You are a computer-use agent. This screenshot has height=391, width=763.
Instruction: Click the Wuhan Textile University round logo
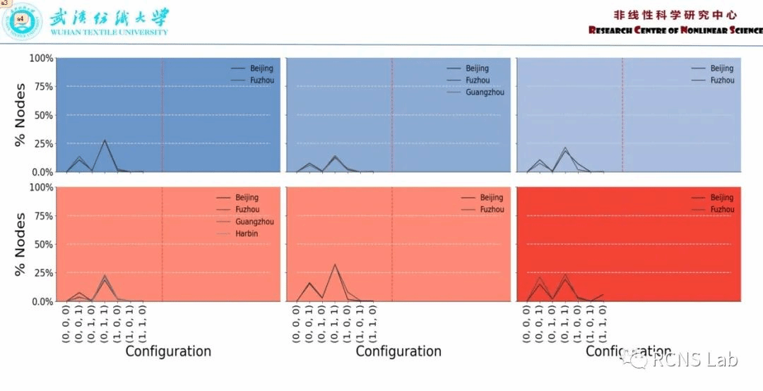[x=23, y=22]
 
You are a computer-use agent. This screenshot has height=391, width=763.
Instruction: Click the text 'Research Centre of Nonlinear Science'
[x=675, y=30]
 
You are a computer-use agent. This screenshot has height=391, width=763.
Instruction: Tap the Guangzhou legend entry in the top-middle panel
[x=485, y=92]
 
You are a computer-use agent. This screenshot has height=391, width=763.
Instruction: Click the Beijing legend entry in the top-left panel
[x=261, y=68]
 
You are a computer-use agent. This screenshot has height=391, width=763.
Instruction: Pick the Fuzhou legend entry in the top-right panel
[x=721, y=80]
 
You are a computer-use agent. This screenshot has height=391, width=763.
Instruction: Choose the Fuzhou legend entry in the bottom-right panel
[x=721, y=210]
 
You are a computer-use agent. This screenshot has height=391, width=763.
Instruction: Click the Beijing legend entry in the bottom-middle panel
[x=492, y=198]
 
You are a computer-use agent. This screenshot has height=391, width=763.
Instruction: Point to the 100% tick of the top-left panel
[x=41, y=58]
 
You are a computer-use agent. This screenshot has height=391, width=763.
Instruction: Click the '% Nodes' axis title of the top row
[x=20, y=116]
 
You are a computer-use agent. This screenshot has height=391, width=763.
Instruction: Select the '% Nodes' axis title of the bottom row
[x=20, y=245]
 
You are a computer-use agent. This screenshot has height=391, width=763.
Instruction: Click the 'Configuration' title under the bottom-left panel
[x=168, y=351]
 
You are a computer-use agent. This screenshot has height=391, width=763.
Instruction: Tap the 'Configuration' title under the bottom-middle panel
[x=398, y=351]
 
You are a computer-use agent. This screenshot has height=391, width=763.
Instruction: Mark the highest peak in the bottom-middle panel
[x=334, y=265]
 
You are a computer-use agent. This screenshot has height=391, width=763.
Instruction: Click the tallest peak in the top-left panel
[x=105, y=140]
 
